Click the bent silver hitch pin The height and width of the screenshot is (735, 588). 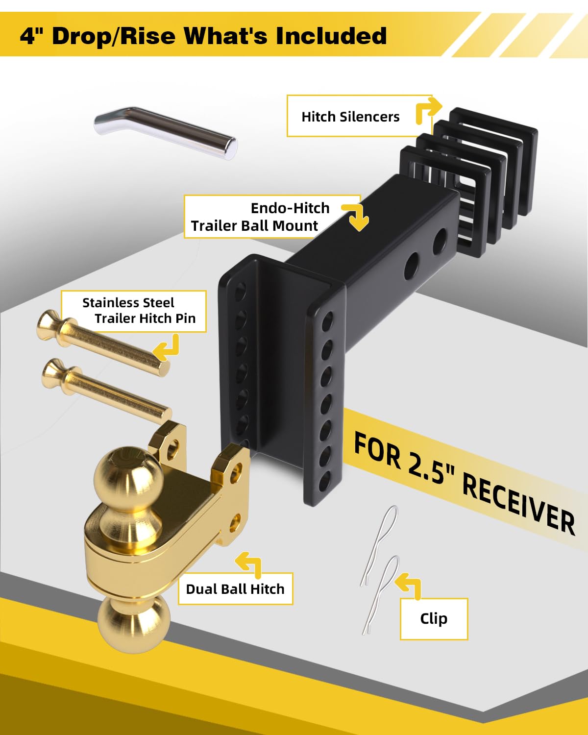[x=167, y=132]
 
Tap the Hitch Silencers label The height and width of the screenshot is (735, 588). [x=350, y=117]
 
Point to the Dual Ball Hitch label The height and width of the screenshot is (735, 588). [x=235, y=588]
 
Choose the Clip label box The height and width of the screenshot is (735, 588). [x=434, y=618]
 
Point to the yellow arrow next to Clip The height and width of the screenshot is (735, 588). [x=409, y=585]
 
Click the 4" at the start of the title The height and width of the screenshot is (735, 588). [x=32, y=36]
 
